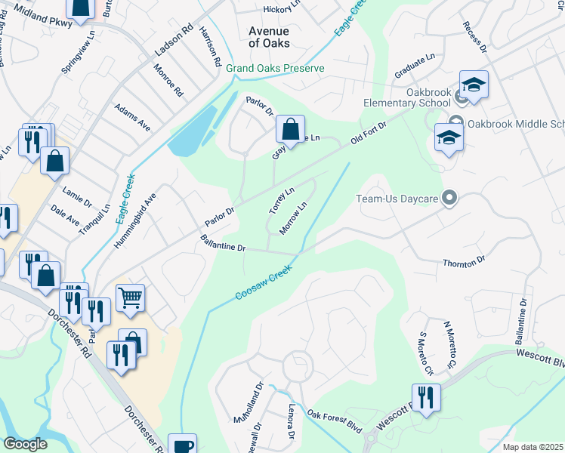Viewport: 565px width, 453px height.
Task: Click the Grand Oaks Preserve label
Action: pyautogui.click(x=275, y=69)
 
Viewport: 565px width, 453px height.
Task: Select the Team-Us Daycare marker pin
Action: pyautogui.click(x=450, y=199)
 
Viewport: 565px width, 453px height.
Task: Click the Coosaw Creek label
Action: pyautogui.click(x=263, y=282)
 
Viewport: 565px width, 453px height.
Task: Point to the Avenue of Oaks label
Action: pyautogui.click(x=270, y=37)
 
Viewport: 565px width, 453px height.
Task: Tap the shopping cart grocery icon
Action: pyautogui.click(x=131, y=298)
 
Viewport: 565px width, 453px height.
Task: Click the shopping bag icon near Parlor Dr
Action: pyautogui.click(x=290, y=129)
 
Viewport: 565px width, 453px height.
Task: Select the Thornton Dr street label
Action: pyautogui.click(x=464, y=262)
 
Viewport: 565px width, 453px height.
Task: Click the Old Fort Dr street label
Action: pyautogui.click(x=369, y=132)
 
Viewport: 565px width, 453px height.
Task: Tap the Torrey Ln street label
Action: pyautogui.click(x=281, y=200)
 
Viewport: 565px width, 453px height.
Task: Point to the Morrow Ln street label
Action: pyautogui.click(x=293, y=217)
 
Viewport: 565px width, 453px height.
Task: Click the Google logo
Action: pyautogui.click(x=26, y=444)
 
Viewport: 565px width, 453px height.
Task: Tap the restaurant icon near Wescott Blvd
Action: pyautogui.click(x=425, y=397)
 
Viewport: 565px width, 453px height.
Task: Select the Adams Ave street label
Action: pyautogui.click(x=132, y=118)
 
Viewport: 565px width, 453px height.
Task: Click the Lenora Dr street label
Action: pyautogui.click(x=290, y=421)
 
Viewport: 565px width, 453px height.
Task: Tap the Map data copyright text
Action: pyautogui.click(x=533, y=447)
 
